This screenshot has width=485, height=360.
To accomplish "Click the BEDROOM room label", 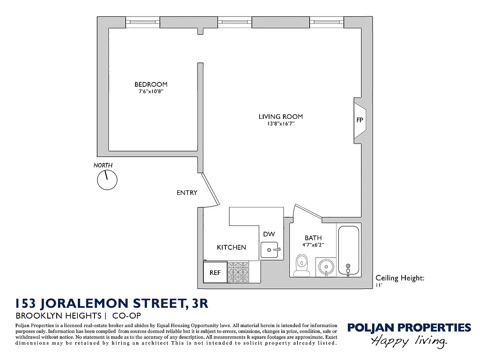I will coord(151,85).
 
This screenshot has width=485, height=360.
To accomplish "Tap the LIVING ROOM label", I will coord(280,117).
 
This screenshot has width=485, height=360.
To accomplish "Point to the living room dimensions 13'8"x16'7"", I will coord(280,124).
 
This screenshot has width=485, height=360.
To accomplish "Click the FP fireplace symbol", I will coord(359,121).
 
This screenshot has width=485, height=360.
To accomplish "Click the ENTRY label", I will coord(187,193).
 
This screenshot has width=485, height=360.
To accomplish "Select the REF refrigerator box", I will coord(215,272).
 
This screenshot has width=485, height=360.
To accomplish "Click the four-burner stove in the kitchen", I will coord(238,272).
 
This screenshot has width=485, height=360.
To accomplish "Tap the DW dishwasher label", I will coord(269,234).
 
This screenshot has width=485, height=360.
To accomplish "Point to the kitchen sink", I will coord(271,249).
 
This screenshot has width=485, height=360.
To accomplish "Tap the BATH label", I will coord(313,238).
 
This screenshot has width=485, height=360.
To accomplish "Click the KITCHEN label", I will coord(231,247).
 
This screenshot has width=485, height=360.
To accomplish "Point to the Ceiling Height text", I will coord(400,278).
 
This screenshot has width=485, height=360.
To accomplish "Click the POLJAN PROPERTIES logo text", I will coord(409,327).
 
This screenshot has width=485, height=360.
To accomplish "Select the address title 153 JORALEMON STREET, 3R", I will coord(112,303).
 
